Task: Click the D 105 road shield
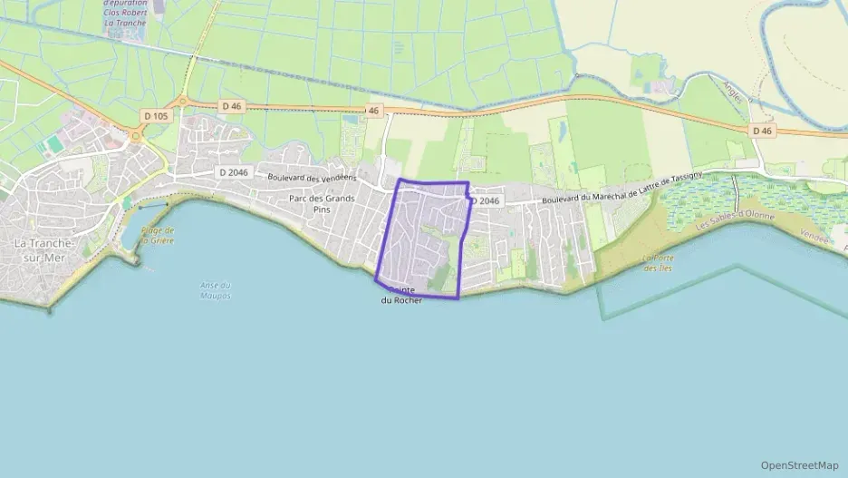[x=157, y=116]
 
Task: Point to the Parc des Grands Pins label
[x=322, y=203]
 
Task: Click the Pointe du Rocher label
[x=401, y=295]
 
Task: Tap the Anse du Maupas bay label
[x=216, y=290]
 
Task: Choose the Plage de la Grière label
[x=158, y=235]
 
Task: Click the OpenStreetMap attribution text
[x=799, y=465]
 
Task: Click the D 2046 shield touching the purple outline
[x=485, y=200]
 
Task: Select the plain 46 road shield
[x=373, y=111]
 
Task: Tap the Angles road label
[x=732, y=92]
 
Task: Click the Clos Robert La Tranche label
[x=128, y=17]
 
